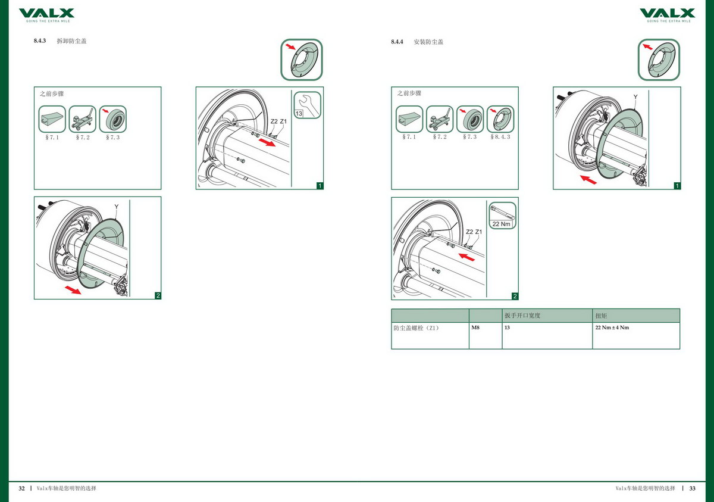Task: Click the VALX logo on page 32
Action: (46, 15)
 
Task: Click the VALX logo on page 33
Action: (668, 15)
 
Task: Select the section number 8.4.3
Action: (40, 41)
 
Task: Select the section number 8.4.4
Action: (397, 42)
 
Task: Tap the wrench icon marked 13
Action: (307, 105)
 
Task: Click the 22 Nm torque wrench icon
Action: (502, 216)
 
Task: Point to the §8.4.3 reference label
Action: (500, 137)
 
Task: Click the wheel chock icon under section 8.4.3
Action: (52, 119)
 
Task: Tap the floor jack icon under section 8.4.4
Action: (440, 119)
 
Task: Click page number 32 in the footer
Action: (21, 488)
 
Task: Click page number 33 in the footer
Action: (693, 488)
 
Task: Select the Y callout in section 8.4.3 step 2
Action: (117, 207)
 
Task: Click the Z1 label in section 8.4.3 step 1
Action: (283, 121)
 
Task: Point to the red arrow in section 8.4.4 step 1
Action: (588, 180)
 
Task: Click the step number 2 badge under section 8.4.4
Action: (515, 297)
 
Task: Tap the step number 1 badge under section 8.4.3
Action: (320, 186)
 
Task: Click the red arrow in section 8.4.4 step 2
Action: (466, 257)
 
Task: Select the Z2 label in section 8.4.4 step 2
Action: (469, 232)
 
